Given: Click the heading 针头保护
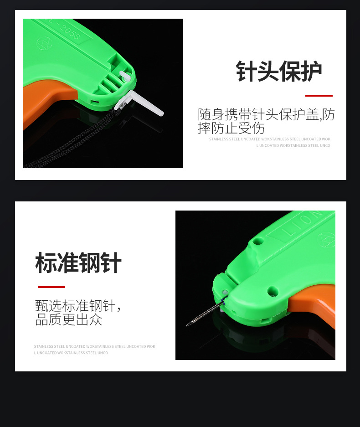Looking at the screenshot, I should (278, 72).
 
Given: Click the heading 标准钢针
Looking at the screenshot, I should (78, 263).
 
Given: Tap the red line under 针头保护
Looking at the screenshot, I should (319, 96).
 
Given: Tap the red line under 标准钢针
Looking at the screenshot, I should (51, 287).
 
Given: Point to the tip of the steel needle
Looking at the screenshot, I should (187, 325).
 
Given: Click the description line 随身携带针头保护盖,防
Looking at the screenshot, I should (266, 115).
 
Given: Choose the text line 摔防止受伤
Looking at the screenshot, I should (231, 128).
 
